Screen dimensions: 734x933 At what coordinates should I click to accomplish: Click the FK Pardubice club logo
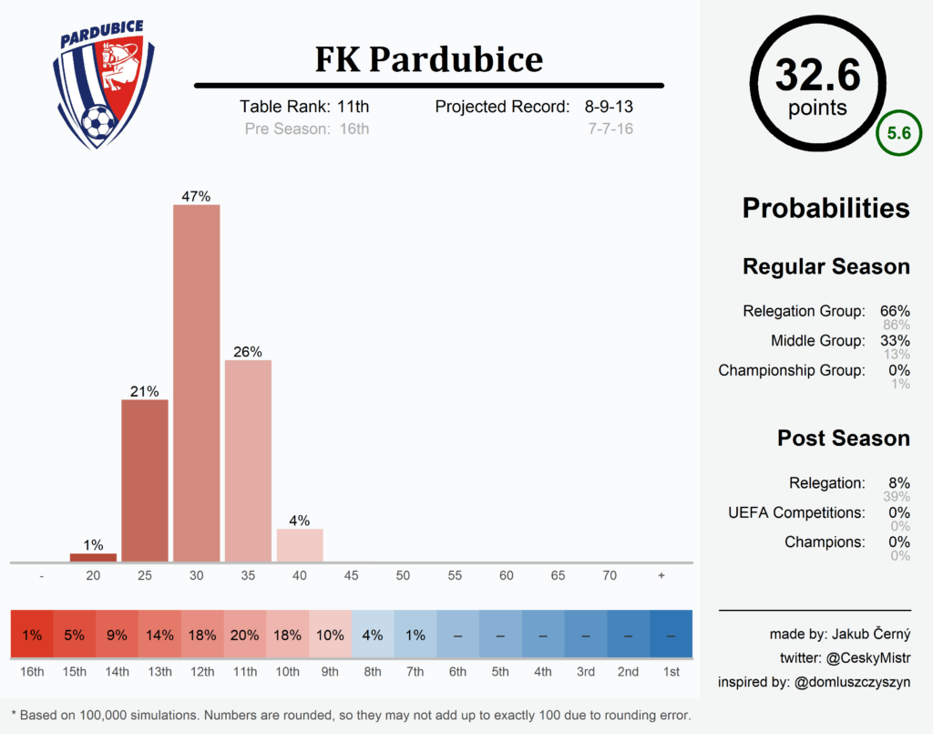click(98, 86)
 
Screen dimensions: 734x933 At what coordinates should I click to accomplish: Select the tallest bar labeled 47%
click(197, 383)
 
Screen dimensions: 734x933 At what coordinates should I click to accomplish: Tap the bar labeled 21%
click(145, 481)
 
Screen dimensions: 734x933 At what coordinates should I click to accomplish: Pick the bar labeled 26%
click(248, 460)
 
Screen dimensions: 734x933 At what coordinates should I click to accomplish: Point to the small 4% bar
click(300, 545)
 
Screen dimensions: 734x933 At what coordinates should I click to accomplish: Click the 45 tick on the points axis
click(352, 576)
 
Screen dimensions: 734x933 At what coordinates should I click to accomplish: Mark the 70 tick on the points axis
click(610, 576)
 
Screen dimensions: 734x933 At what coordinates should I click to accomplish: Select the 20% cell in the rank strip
click(245, 636)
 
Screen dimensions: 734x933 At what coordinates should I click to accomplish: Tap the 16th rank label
click(32, 672)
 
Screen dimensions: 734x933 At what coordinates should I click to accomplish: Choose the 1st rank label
click(671, 672)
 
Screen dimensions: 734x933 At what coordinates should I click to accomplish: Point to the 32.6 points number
click(817, 75)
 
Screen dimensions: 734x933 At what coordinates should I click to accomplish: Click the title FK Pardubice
click(428, 59)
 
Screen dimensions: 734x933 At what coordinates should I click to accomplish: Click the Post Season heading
click(843, 439)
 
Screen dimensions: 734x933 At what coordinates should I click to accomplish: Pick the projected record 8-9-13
click(609, 107)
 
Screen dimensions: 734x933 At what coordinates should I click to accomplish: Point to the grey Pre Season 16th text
click(307, 129)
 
